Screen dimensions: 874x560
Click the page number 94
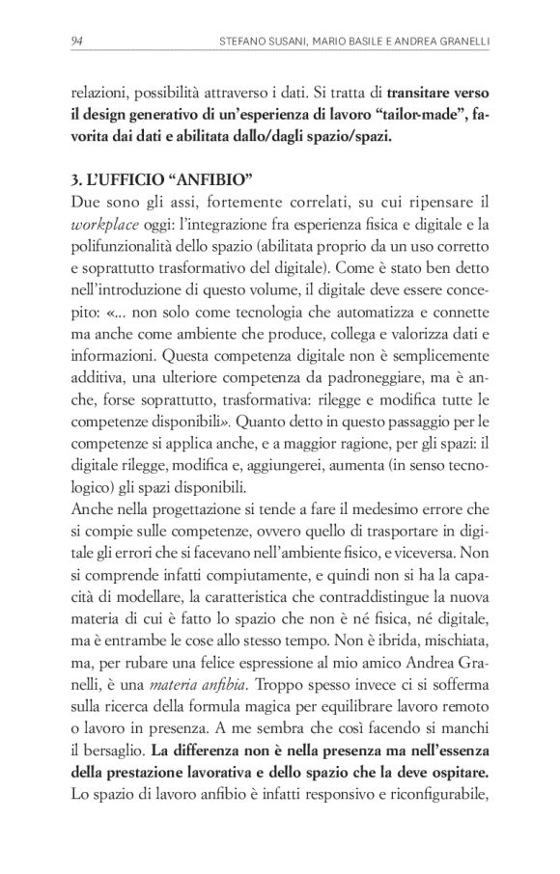(78, 41)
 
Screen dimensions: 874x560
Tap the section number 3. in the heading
(79, 180)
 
